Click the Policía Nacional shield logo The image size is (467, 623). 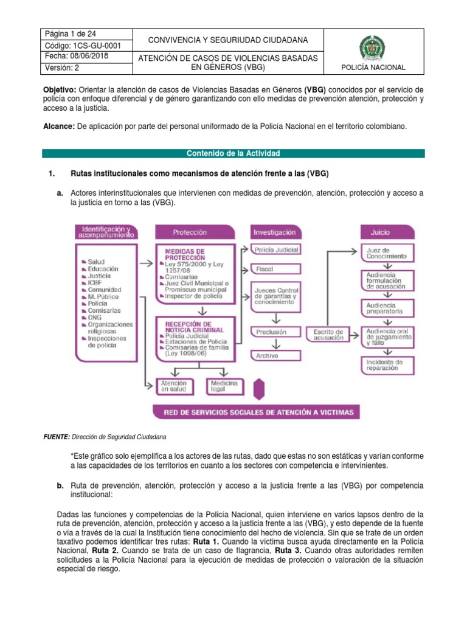click(373, 47)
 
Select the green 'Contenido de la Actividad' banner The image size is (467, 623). click(233, 153)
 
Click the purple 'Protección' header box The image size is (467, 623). click(194, 232)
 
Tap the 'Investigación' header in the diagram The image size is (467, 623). click(275, 232)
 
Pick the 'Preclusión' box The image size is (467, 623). click(275, 332)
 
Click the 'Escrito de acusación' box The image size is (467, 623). click(328, 335)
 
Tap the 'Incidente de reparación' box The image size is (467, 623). click(389, 365)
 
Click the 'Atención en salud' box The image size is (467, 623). click(176, 386)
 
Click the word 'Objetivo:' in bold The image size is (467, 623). click(59, 88)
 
